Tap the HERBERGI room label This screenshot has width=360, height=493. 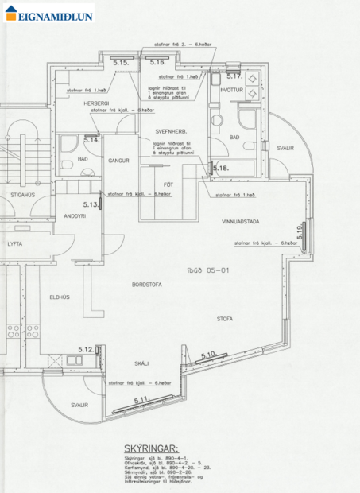(x=98, y=103)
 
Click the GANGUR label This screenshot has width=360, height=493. (x=119, y=160)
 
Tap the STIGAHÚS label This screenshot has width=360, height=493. (x=21, y=193)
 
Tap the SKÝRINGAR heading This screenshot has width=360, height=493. (x=153, y=448)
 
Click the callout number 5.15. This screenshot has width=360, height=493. (x=120, y=61)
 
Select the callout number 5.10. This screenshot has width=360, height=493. (x=209, y=355)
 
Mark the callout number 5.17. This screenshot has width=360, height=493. (x=234, y=76)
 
